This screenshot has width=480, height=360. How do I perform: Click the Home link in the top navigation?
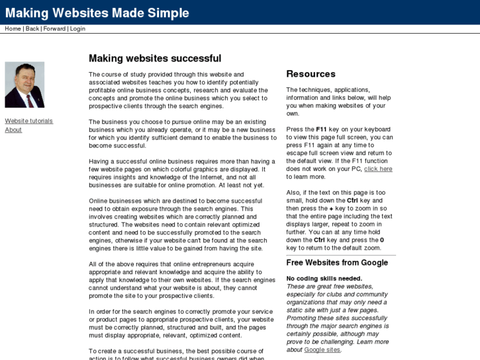pyautogui.click(x=13, y=29)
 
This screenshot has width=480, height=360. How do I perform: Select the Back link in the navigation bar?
pyautogui.click(x=32, y=29)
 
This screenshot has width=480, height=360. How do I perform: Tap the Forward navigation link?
pyautogui.click(x=55, y=29)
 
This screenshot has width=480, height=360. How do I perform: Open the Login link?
pyautogui.click(x=77, y=29)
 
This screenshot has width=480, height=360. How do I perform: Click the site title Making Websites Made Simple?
pyautogui.click(x=97, y=13)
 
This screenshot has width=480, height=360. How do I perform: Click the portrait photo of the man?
pyautogui.click(x=24, y=85)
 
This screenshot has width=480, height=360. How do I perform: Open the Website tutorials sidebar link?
pyautogui.click(x=28, y=121)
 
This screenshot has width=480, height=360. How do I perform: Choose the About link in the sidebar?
pyautogui.click(x=13, y=129)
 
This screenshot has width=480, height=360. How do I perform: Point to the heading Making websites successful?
pyautogui.click(x=154, y=58)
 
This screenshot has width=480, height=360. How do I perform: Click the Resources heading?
pyautogui.click(x=310, y=74)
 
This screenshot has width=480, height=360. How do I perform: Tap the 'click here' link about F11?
pyautogui.click(x=378, y=169)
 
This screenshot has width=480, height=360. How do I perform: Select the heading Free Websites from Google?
pyautogui.click(x=337, y=263)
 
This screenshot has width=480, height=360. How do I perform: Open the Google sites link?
pyautogui.click(x=322, y=350)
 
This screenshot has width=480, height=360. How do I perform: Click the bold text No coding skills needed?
pyautogui.click(x=324, y=279)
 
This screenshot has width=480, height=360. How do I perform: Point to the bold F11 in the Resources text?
pyautogui.click(x=322, y=129)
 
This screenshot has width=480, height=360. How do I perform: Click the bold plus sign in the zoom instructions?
pyautogui.click(x=331, y=209)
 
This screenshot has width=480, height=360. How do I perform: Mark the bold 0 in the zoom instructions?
pyautogui.click(x=382, y=240)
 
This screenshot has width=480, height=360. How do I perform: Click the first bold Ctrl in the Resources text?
pyautogui.click(x=353, y=201)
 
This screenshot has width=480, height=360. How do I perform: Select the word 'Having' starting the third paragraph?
pyautogui.click(x=100, y=161)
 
